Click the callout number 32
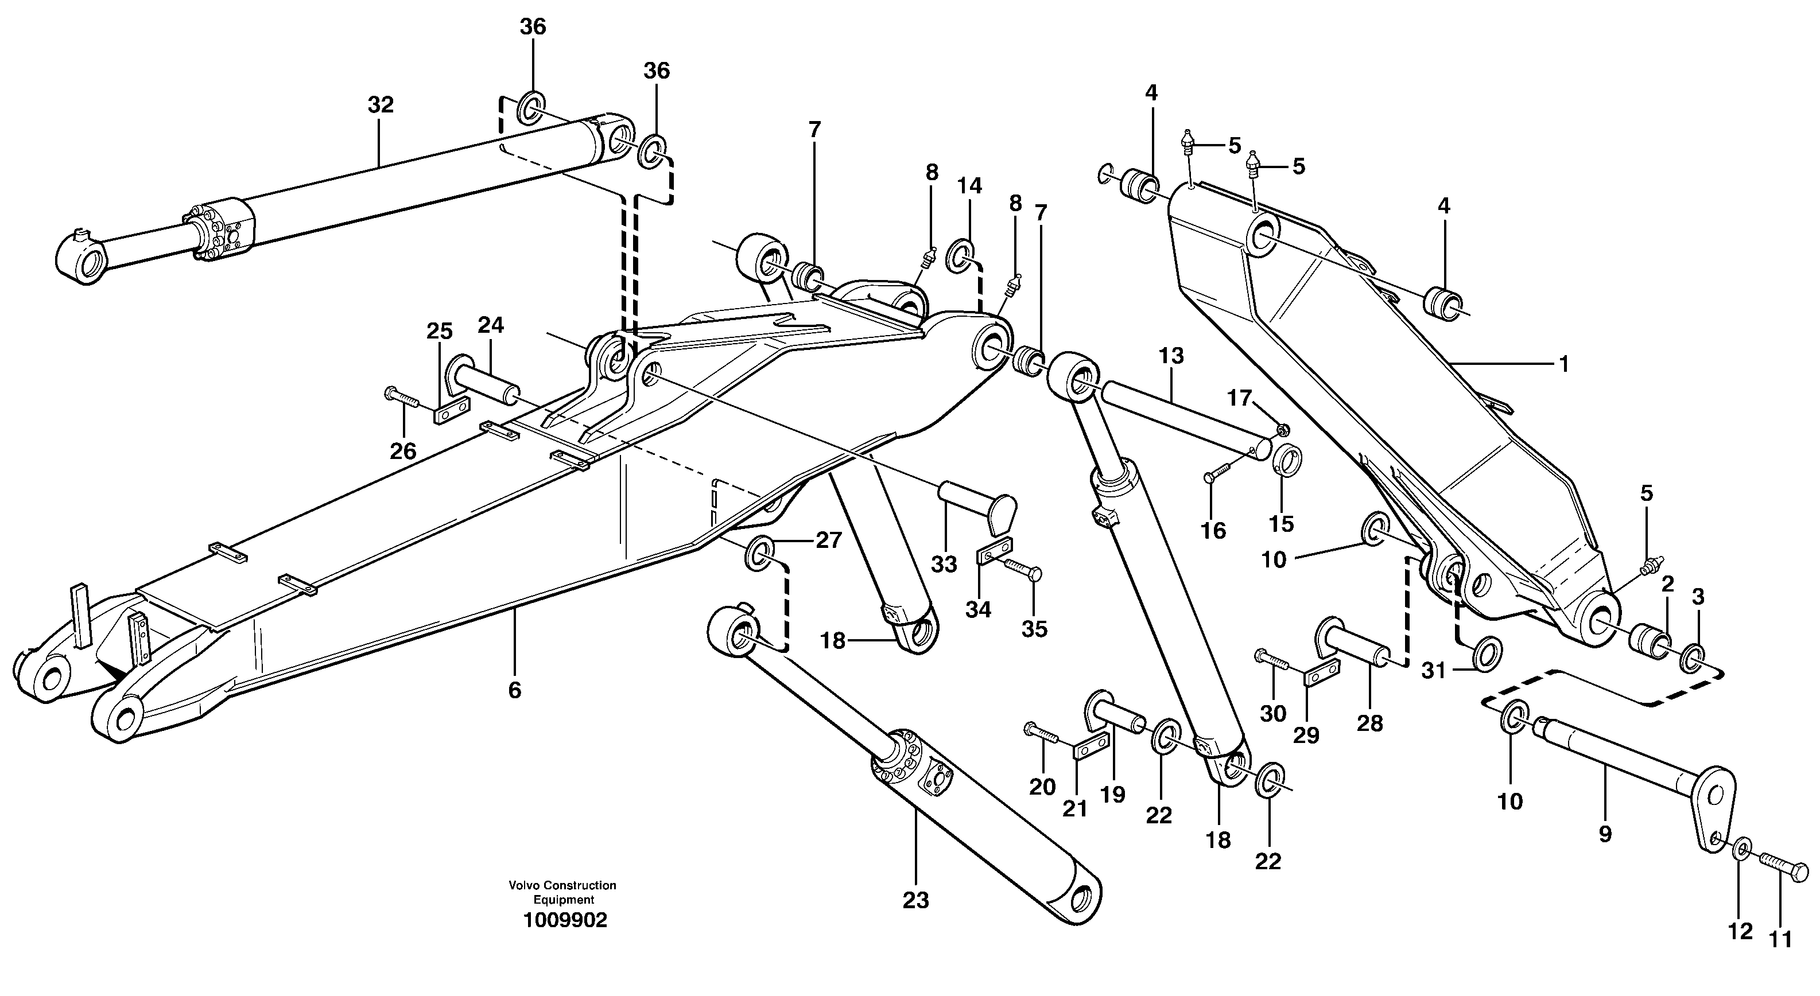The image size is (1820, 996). pos(380,105)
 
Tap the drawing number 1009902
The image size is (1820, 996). pos(565,920)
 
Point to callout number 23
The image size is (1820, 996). pos(915,901)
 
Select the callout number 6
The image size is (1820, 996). pos(514,690)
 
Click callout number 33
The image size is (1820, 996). pos(943,565)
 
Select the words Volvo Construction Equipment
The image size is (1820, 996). pos(562,892)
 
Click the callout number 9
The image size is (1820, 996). pos(1605,834)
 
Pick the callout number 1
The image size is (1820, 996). pos(1563,364)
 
